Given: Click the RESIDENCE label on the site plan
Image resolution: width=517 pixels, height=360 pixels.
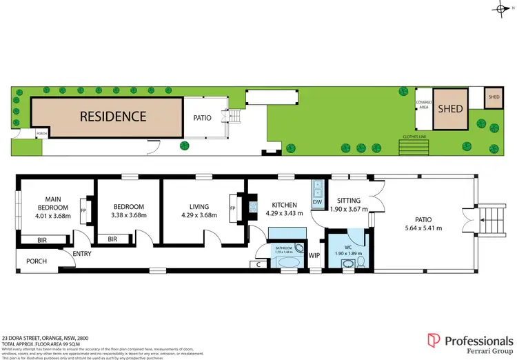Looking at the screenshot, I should [x=114, y=116].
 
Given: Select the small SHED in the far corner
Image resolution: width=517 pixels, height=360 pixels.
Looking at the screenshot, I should [x=494, y=97].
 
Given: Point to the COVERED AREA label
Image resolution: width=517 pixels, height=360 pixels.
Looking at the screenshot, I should [x=423, y=106].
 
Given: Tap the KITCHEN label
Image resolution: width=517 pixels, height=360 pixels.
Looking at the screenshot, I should [x=284, y=205].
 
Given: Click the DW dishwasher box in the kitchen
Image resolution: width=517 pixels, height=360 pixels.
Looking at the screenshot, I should [x=317, y=202].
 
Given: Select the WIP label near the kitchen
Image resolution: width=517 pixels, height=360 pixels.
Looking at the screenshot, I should [x=314, y=255].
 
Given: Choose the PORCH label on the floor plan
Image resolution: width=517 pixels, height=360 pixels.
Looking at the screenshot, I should [x=36, y=261].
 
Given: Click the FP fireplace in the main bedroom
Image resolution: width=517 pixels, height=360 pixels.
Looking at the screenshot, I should [x=83, y=210].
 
